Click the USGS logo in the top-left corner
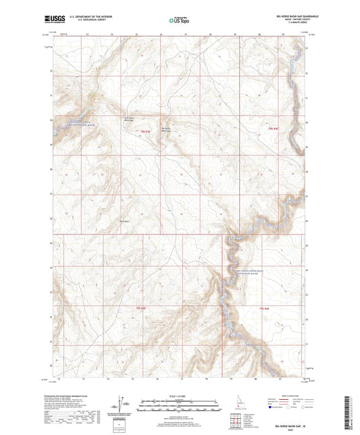[x=52, y=20]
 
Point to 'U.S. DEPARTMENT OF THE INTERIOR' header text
[x=86, y=17]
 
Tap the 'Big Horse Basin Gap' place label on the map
[x=167, y=124]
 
